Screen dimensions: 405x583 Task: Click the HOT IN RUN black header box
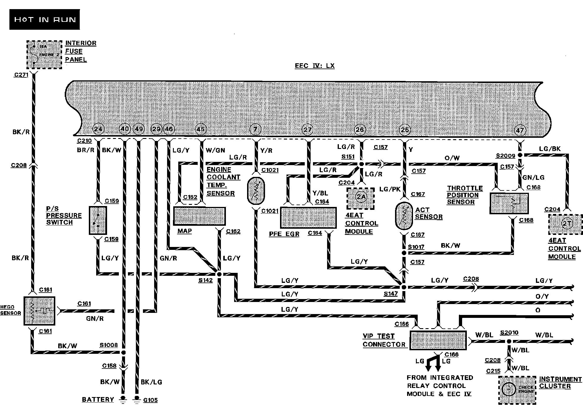point(44,19)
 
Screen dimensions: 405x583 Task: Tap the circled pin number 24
point(98,129)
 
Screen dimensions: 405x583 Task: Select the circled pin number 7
point(255,129)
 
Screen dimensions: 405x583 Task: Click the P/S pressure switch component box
point(98,220)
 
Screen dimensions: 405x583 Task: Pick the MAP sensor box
point(199,216)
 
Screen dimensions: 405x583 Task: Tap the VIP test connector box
point(438,341)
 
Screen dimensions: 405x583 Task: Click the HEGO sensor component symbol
point(39,311)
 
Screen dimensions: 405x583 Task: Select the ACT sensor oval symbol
point(404,216)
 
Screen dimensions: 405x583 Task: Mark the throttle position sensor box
point(509,203)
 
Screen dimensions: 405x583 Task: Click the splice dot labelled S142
point(219,274)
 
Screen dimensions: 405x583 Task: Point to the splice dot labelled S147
point(404,287)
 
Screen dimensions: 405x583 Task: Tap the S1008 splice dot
point(124,352)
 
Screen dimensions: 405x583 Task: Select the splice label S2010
point(509,333)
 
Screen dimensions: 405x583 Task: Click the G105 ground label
point(150,400)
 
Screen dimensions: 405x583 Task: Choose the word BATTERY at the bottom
point(98,399)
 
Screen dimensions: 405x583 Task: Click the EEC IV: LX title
point(314,66)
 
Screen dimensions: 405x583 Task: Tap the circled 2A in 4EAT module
point(361,197)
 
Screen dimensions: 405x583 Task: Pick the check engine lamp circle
point(509,389)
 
